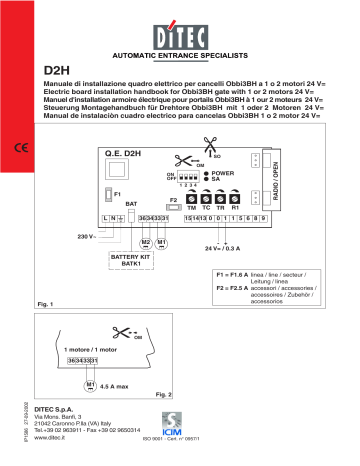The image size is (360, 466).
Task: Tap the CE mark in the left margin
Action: tap(22, 150)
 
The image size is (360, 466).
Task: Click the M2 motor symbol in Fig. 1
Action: tap(147, 242)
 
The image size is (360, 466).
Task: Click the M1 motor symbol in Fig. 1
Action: tap(163, 242)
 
